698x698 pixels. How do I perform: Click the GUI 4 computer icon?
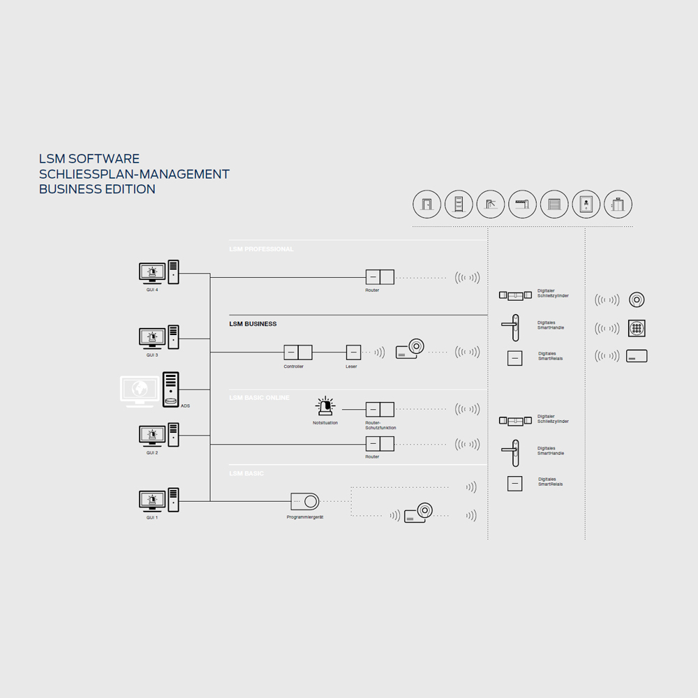(158, 272)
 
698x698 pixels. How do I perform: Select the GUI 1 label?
(152, 517)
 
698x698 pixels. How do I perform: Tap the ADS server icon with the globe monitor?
(150, 390)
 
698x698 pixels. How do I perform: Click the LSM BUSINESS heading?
(253, 324)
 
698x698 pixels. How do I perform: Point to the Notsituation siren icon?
(325, 407)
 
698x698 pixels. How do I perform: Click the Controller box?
(297, 352)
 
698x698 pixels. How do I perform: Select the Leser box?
(354, 352)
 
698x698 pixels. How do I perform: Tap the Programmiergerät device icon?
(304, 501)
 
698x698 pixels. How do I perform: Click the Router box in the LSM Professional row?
(380, 277)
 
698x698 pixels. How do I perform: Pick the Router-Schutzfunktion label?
(380, 425)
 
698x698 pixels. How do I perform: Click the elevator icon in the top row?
(618, 205)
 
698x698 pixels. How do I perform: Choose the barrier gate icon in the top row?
(522, 205)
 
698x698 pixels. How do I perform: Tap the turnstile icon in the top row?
(491, 205)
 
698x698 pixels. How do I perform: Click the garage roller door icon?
(554, 205)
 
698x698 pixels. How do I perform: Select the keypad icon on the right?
(637, 328)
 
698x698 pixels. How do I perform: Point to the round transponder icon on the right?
(637, 299)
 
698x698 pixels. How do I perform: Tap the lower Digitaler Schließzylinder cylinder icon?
(515, 421)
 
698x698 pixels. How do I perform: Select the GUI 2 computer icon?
(158, 436)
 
